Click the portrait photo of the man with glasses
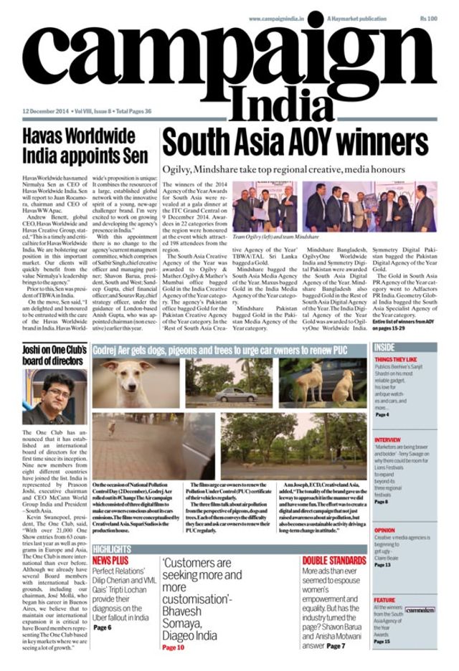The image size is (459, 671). (55, 396)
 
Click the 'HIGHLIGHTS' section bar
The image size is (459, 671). (112, 550)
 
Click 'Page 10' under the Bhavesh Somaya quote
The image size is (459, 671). (173, 647)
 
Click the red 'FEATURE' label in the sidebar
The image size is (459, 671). (384, 600)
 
